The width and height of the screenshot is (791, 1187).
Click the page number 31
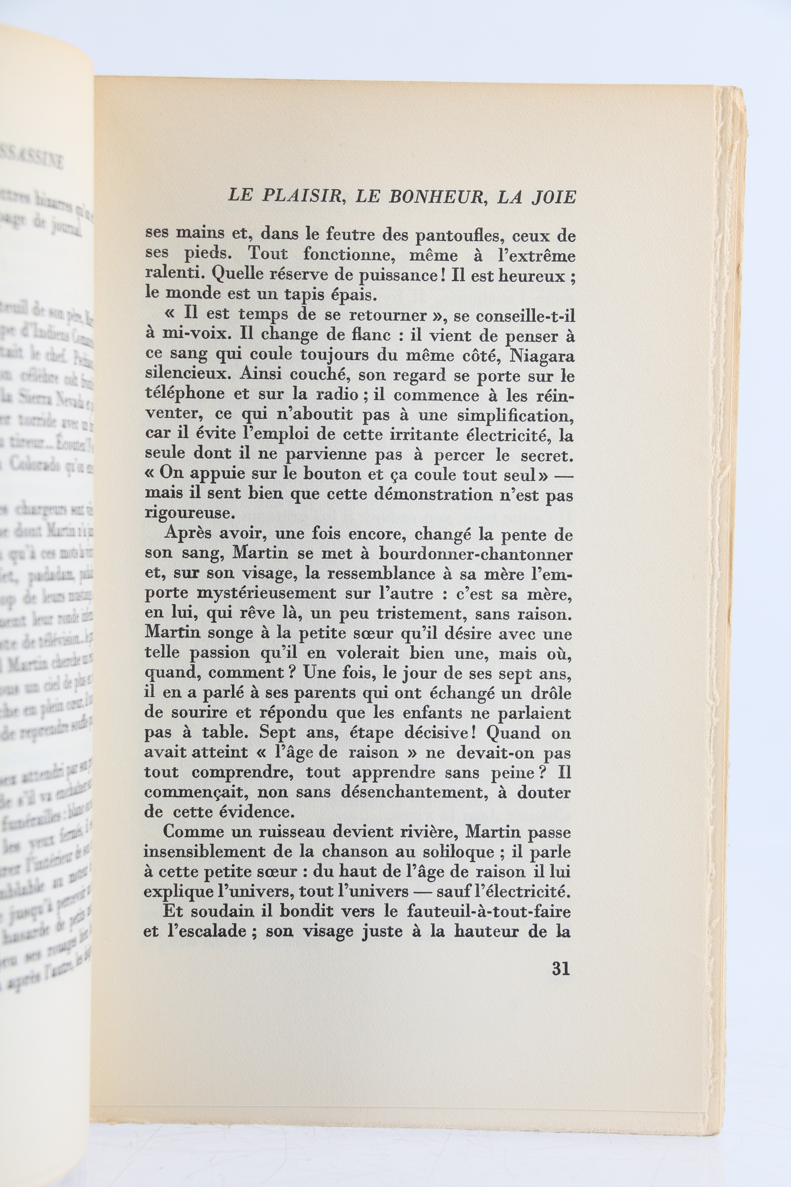click(x=560, y=969)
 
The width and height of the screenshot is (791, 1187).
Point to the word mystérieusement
click(x=265, y=593)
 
